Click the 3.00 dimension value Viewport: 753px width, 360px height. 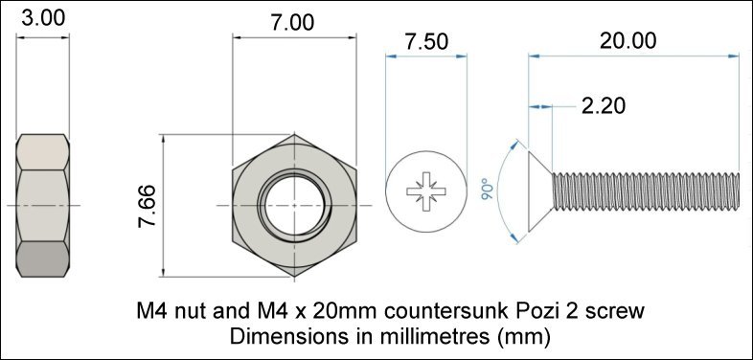point(43,19)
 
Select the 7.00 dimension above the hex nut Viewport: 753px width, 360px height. point(293,23)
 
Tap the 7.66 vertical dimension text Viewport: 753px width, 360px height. point(148,206)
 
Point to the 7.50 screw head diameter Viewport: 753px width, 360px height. point(426,42)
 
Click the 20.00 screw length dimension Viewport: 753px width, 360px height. point(627,41)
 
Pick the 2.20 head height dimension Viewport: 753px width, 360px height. point(604,106)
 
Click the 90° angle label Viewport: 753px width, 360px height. point(489,189)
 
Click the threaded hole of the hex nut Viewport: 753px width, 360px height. point(294,206)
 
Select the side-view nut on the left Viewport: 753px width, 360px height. point(43,206)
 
